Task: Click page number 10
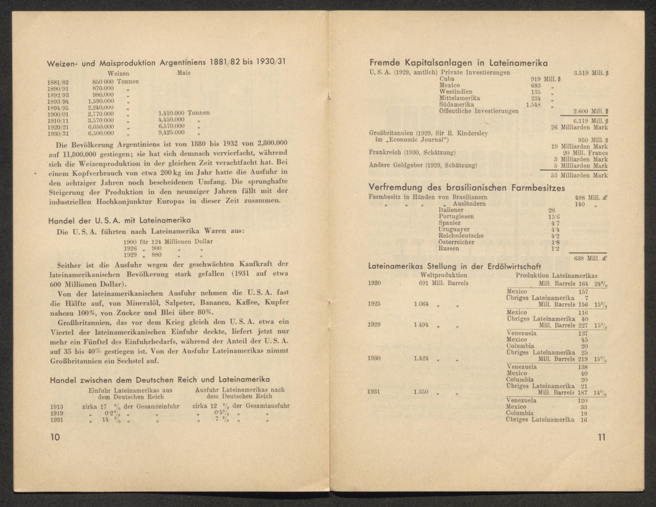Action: (55, 437)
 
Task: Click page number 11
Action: (602, 437)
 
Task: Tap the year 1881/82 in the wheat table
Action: (58, 82)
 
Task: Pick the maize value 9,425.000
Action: (171, 132)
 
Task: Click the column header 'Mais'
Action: (183, 73)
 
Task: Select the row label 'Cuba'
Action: (447, 79)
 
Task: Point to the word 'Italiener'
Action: (451, 210)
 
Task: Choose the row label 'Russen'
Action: (449, 248)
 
